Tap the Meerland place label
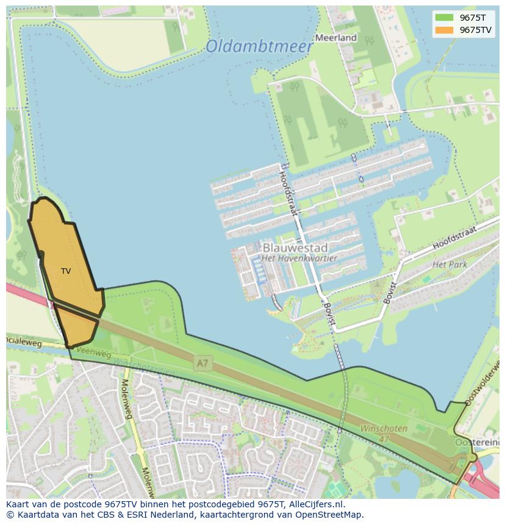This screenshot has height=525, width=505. pyautogui.click(x=335, y=38)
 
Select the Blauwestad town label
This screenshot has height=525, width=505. pyautogui.click(x=295, y=248)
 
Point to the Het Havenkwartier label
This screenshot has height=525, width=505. pyautogui.click(x=299, y=259)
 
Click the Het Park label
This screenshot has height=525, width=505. pyautogui.click(x=449, y=265)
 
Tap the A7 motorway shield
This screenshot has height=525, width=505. pyautogui.click(x=202, y=363)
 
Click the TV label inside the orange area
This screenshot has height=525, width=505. pyautogui.click(x=66, y=271)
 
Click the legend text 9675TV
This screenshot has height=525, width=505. pyautogui.click(x=476, y=30)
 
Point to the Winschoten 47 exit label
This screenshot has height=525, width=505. pyautogui.click(x=383, y=433)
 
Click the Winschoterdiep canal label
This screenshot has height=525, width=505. pyautogui.click(x=145, y=368)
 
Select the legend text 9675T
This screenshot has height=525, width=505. pyautogui.click(x=473, y=18)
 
